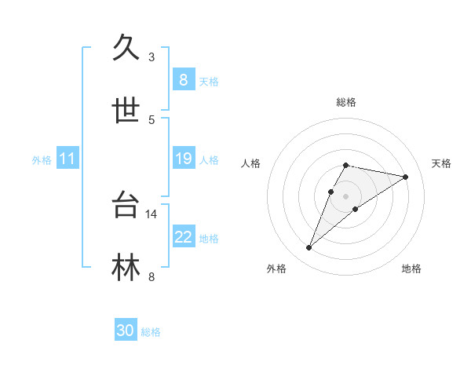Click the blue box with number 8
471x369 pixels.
(183, 80)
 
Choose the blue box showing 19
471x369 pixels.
(183, 159)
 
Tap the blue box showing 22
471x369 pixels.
(183, 237)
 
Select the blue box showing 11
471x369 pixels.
(68, 159)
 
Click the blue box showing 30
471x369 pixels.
(126, 331)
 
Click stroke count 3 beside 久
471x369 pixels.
(152, 57)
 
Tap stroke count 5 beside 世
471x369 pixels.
(152, 119)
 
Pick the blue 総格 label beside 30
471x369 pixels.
(151, 332)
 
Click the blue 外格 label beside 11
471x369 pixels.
(42, 160)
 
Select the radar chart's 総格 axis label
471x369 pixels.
(345, 102)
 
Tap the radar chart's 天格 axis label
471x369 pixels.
(441, 163)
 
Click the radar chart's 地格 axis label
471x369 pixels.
(411, 269)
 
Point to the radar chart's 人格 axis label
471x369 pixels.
(251, 163)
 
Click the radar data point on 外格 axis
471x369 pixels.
(309, 248)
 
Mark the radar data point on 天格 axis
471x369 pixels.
(405, 177)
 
